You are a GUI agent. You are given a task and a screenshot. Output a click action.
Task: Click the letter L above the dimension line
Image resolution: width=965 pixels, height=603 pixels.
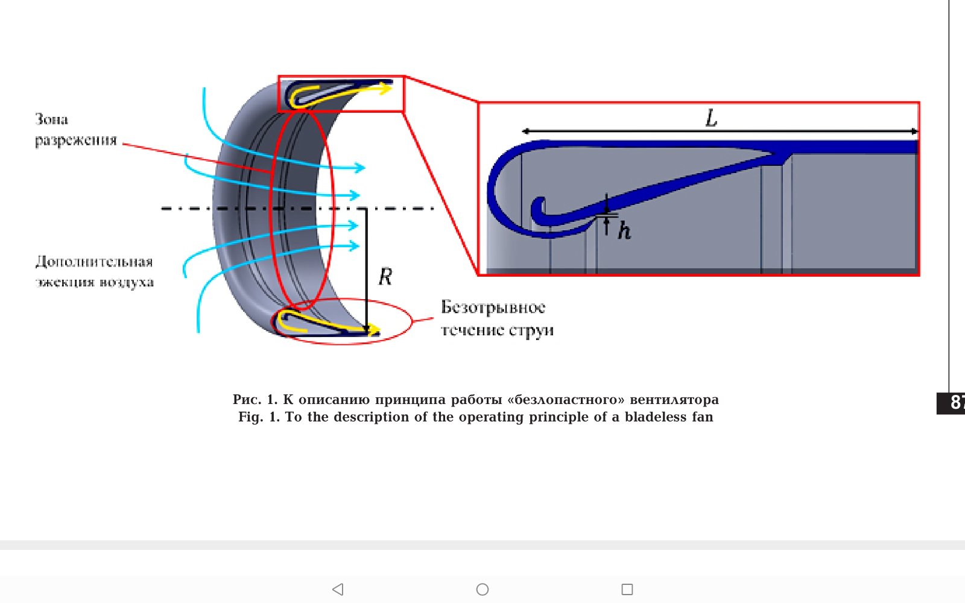click(712, 118)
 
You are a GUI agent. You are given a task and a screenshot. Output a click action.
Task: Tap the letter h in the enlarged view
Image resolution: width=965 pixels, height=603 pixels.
click(624, 230)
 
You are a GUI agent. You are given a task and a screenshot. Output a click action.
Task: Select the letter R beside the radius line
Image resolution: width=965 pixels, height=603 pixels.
click(385, 277)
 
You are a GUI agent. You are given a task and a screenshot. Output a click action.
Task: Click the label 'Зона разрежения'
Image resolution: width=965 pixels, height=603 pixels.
click(75, 130)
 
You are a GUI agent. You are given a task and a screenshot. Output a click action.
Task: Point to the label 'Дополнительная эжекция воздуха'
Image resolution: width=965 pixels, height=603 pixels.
click(94, 271)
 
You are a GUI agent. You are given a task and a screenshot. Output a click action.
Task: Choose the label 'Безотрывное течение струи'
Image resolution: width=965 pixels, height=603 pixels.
click(497, 318)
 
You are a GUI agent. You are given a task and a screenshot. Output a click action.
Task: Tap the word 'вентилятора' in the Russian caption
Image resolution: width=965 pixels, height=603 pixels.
click(674, 400)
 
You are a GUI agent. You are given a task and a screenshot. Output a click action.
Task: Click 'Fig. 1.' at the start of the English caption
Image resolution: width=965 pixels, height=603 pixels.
click(259, 417)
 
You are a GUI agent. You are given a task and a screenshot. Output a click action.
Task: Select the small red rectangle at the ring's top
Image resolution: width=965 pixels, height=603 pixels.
click(341, 93)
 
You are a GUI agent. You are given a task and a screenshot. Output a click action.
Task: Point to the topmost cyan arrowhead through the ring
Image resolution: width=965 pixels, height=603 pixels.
click(360, 168)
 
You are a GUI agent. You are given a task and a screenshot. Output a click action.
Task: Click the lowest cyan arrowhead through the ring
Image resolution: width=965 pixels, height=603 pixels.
click(355, 245)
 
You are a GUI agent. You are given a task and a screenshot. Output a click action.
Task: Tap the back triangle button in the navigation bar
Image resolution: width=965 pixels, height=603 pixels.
click(338, 589)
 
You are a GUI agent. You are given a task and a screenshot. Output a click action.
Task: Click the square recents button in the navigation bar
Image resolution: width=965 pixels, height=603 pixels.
click(627, 589)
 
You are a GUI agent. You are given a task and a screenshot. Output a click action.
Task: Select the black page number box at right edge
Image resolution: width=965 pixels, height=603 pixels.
click(951, 403)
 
